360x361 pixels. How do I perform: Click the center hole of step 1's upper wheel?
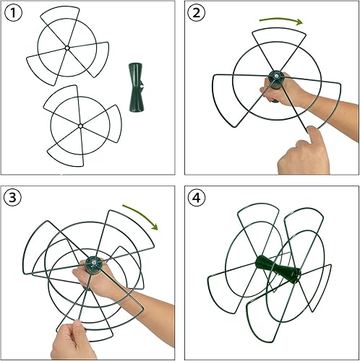click(67, 48)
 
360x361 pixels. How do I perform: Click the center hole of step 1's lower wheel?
click(80, 127)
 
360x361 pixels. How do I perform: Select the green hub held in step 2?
click(275, 76)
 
